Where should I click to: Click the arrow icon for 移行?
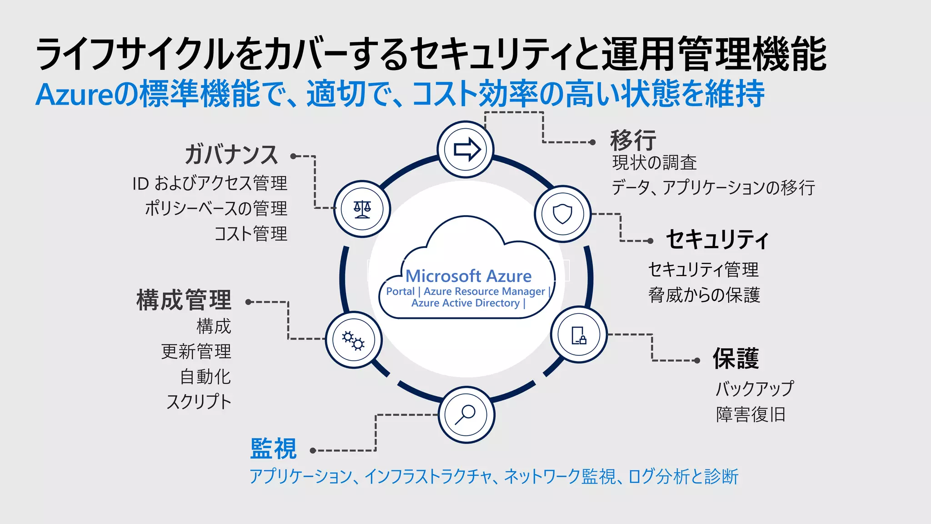466,149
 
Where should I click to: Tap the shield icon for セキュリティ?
562,213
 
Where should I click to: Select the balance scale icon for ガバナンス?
362,209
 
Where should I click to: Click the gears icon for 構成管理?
353,340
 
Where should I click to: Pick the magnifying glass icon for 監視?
466,414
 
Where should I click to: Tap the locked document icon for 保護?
579,335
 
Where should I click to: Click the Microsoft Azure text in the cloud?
468,276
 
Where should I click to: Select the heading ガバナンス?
231,155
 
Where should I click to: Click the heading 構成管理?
184,300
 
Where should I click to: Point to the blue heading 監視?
273,449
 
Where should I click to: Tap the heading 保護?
736,358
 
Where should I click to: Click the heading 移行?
633,140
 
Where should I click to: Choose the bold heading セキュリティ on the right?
717,240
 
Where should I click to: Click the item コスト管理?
250,234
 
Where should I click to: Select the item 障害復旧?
751,414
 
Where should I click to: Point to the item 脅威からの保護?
704,295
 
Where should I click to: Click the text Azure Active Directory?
465,303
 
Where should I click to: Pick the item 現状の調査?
654,162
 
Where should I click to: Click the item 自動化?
205,377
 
